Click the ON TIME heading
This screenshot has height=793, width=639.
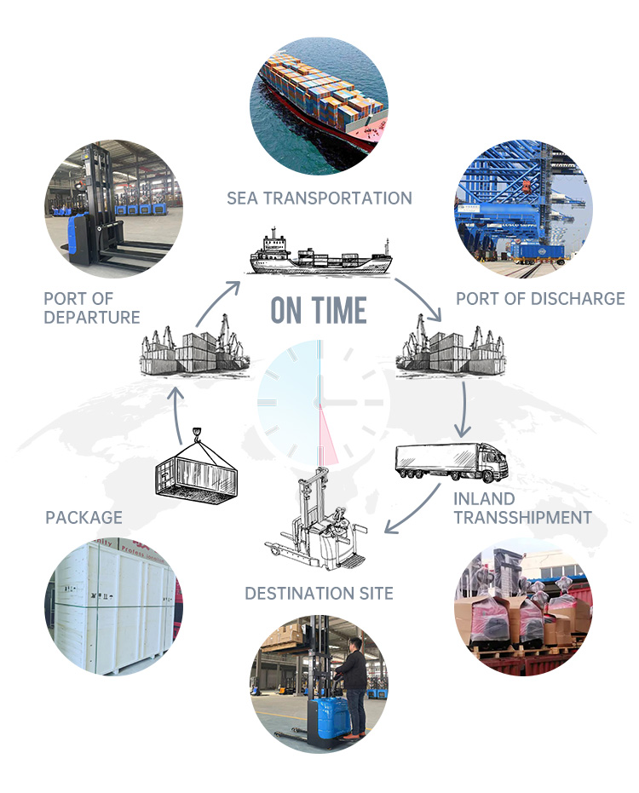coord(319,311)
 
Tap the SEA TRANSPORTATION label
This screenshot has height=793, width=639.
coord(319,198)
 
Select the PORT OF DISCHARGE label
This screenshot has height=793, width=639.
coord(540,299)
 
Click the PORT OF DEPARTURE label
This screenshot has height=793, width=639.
coord(92,307)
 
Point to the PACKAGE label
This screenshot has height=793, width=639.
coord(83,517)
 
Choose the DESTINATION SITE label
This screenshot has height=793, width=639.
coord(319,593)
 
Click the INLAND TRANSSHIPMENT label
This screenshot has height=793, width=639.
coord(522,508)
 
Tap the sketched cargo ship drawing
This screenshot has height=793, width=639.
coord(320,252)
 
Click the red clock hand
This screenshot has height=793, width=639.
coord(329,435)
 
